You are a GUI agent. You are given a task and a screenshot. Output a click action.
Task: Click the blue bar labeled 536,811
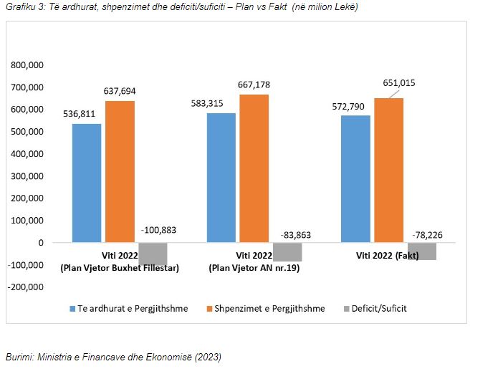click(x=87, y=183)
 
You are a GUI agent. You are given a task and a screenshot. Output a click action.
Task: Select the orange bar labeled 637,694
click(x=120, y=171)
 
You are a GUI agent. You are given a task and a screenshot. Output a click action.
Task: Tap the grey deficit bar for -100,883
click(x=153, y=254)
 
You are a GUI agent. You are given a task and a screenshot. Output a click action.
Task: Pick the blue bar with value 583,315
click(x=221, y=178)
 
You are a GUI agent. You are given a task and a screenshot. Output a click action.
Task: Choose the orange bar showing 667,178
click(x=254, y=168)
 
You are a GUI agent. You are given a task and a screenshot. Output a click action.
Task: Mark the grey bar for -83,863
click(x=287, y=251)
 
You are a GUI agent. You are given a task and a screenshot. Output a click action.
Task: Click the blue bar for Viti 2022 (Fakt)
click(x=355, y=179)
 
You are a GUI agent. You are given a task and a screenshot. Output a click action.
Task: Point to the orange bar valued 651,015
click(x=388, y=170)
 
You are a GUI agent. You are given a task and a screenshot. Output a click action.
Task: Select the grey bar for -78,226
click(x=421, y=251)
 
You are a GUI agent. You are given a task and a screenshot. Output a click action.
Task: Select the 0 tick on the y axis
click(x=41, y=243)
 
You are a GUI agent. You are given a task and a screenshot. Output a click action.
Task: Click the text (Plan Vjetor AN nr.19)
click(x=254, y=268)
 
